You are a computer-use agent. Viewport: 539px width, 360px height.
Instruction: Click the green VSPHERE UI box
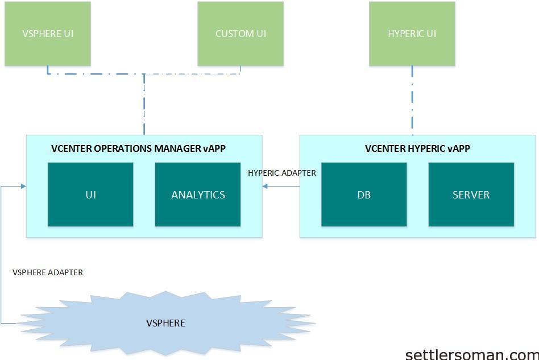coord(48,34)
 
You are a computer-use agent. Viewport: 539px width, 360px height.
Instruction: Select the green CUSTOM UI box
coord(241,34)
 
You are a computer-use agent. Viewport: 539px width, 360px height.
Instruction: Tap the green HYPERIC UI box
coord(412,34)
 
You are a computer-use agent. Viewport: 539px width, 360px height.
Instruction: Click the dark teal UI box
coord(90,195)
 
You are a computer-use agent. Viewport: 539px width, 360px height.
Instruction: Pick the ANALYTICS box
coord(198,195)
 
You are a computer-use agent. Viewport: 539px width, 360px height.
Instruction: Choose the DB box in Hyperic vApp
coord(364,195)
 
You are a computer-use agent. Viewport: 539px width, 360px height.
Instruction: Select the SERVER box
coord(471,195)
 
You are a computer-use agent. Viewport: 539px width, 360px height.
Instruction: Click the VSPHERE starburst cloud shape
coord(165,323)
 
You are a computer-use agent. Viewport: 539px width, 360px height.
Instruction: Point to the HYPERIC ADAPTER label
coord(282,173)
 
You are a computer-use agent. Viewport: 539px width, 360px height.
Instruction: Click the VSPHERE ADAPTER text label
coord(48,272)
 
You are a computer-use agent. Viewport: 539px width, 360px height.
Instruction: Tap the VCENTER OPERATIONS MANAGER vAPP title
coord(138,148)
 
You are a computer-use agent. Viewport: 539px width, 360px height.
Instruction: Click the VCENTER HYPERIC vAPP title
coord(418,148)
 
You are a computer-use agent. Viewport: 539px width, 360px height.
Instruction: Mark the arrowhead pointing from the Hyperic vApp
coord(265,187)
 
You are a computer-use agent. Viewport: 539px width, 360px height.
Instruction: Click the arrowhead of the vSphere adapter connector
coord(23,187)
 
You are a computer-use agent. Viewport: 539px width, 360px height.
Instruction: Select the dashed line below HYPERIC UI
coord(412,101)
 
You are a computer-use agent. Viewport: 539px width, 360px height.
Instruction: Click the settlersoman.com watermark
coord(472,354)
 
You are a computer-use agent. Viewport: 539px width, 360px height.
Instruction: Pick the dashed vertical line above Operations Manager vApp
coord(144,105)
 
